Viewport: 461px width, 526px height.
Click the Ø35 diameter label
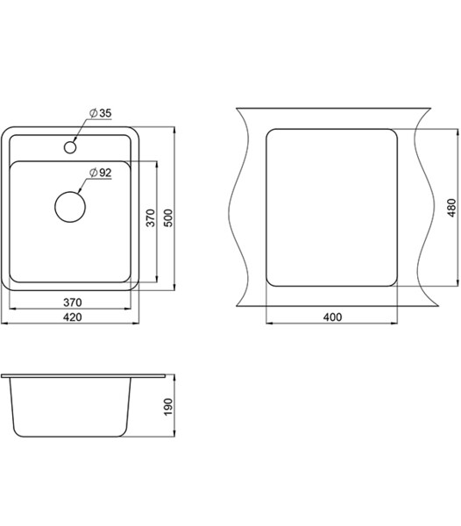pos(100,113)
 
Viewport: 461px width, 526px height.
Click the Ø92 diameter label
pos(100,173)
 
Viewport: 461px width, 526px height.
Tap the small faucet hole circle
pos(70,147)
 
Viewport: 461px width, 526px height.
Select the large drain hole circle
pos(70,207)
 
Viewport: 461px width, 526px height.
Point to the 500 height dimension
pos(169,218)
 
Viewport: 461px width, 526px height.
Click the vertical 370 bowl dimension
pos(151,218)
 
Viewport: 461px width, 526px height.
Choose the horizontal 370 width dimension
pos(73,302)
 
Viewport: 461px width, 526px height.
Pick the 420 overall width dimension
pos(73,317)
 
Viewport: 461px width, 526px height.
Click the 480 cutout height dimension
pos(451,208)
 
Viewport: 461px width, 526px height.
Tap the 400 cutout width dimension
pos(332,317)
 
